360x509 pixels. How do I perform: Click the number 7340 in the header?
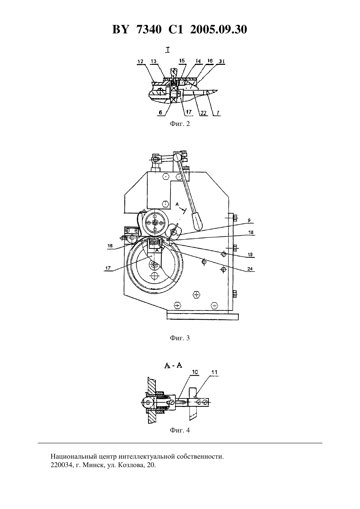pos(149,29)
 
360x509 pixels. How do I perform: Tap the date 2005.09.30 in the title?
pos(218,29)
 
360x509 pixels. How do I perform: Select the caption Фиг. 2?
pos(180,124)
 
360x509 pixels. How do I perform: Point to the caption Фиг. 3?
pos(180,338)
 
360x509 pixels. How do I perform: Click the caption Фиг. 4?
pos(180,430)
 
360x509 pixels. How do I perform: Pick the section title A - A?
pos(173,365)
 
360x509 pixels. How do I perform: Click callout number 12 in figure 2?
pos(140,61)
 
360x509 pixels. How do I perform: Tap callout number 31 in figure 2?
pos(222,61)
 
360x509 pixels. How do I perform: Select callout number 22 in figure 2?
pos(204,113)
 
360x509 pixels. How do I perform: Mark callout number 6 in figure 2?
pos(160,112)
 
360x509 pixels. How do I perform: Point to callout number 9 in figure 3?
pos(249,220)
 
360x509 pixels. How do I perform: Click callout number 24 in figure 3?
pos(250,269)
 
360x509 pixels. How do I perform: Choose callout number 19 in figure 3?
pos(250,255)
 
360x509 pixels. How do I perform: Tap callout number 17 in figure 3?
pos(108,268)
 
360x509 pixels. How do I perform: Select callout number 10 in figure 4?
pos(195,372)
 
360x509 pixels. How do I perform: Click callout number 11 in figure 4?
pos(214,372)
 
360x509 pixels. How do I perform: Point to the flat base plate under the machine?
pos(203,317)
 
